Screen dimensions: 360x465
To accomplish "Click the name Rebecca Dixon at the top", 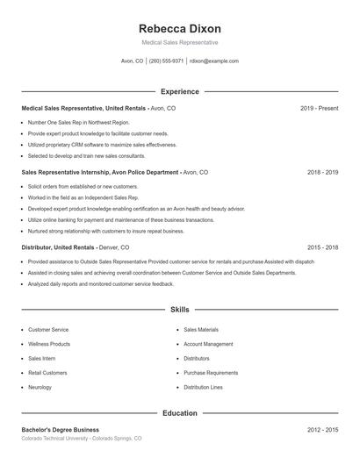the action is coord(180,28).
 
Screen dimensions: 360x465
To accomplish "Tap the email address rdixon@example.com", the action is coord(214,61).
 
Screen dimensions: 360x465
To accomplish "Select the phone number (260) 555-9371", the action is coord(167,61).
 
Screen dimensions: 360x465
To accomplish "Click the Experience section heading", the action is coord(180,91).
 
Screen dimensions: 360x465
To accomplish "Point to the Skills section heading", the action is coord(180,310).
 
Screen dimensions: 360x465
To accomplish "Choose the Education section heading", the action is coord(180,412).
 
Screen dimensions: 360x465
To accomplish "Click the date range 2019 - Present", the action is coord(319,108).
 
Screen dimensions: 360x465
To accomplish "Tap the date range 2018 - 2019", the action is coord(322,173).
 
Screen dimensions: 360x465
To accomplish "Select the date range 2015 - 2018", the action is coord(322,247).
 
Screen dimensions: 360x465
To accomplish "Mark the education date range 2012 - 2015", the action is coord(322,430).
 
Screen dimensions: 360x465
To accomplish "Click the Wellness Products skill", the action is coord(49,344).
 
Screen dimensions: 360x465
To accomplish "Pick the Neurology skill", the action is coord(40,387).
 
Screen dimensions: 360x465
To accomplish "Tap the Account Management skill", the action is coord(208,344).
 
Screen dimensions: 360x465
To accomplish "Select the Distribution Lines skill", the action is coord(203,387).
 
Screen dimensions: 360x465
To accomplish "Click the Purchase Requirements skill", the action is coord(211,373).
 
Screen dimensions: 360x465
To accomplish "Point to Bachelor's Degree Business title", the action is coord(61,430).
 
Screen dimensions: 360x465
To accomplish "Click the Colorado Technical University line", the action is coord(81,438).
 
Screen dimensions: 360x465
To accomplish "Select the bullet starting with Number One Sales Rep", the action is coord(79,122).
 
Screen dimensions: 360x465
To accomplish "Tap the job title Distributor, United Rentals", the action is coord(58,247).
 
